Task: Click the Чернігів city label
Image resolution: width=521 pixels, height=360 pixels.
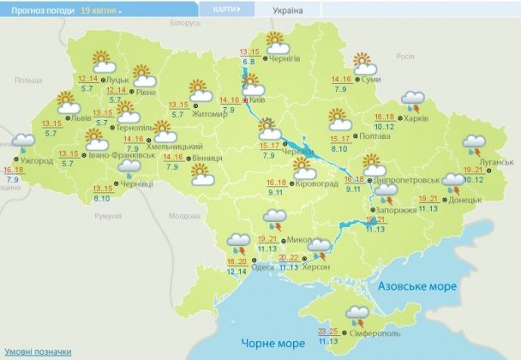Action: (x=284, y=58)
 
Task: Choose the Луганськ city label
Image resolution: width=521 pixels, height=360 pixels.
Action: (x=496, y=161)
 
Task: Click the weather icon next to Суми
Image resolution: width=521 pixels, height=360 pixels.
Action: (x=363, y=63)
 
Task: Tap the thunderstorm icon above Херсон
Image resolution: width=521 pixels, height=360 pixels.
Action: (x=320, y=248)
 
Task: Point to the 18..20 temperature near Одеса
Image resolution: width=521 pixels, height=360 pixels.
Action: (x=236, y=261)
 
